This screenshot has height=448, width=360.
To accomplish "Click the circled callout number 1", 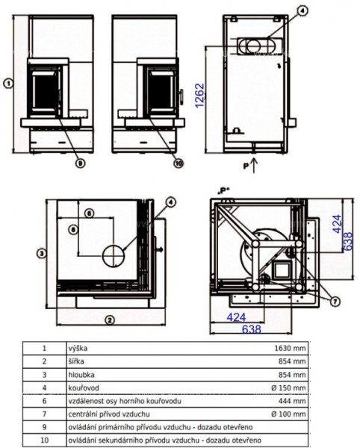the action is pos(8,84).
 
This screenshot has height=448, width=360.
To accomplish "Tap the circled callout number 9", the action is pos(80,163).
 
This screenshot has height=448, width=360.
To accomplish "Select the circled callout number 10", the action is pos(179,163).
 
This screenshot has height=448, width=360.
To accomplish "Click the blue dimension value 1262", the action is pos(200,96).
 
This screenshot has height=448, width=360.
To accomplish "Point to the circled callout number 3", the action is pos(41,253).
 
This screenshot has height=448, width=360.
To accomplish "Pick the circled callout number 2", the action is pos(110,320).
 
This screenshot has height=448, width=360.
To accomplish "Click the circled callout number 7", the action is pos(335,301).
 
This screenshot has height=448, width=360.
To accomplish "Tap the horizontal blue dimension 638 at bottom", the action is pos(252,329).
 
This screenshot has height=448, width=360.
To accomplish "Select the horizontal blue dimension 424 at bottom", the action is pos(236,317).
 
